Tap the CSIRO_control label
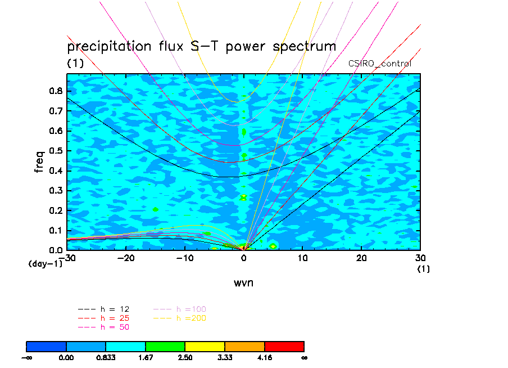click(380, 64)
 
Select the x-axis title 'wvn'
click(243, 282)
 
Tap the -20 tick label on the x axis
click(126, 258)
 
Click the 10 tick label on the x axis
click(302, 258)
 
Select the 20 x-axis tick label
click(361, 258)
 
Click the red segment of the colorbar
click(284, 345)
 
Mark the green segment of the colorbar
click(165, 345)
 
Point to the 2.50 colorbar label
click(185, 357)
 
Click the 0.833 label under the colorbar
click(106, 357)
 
